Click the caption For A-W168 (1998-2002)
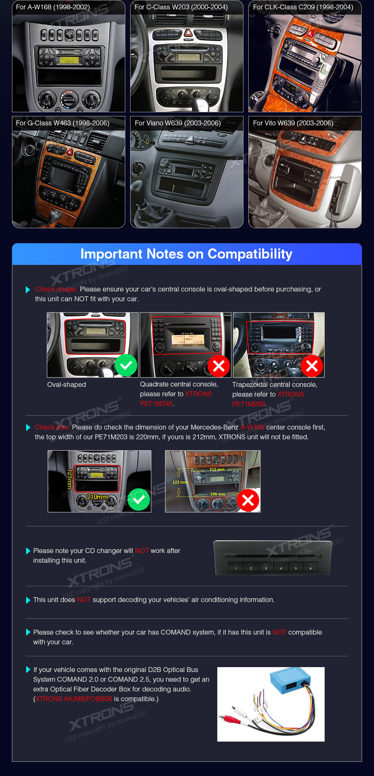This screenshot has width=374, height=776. click(53, 7)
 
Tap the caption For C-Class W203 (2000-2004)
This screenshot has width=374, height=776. click(181, 7)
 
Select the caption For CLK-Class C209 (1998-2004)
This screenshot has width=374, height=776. click(303, 7)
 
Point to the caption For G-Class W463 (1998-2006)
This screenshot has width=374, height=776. click(62, 123)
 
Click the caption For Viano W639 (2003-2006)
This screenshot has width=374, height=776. click(178, 123)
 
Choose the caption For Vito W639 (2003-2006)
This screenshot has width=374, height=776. click(293, 123)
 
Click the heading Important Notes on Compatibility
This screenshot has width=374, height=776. click(187, 254)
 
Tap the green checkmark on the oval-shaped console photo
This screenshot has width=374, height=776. click(126, 365)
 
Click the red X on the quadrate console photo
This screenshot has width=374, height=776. click(219, 366)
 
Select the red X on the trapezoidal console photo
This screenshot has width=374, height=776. click(312, 366)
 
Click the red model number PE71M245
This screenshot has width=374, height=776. click(156, 404)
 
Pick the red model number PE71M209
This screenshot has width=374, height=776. click(249, 404)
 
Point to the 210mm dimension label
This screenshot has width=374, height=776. click(97, 497)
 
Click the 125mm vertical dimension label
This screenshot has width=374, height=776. click(69, 479)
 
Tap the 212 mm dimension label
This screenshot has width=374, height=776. click(217, 470)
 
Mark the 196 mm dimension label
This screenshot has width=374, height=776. click(218, 494)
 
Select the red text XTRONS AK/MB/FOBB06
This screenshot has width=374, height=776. click(74, 699)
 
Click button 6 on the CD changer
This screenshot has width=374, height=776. click(310, 567)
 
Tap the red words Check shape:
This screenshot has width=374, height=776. click(56, 289)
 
